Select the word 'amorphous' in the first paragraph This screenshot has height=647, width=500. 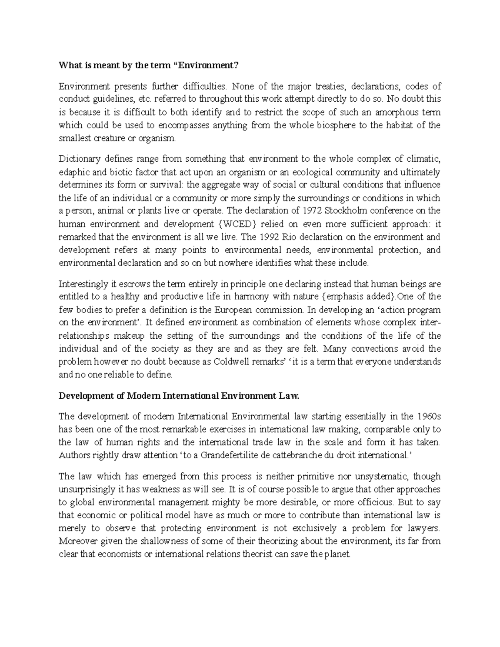[400, 112]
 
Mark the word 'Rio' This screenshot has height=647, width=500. [290, 237]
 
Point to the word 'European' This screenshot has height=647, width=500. [232, 310]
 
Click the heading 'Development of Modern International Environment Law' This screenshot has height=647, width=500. [179, 396]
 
